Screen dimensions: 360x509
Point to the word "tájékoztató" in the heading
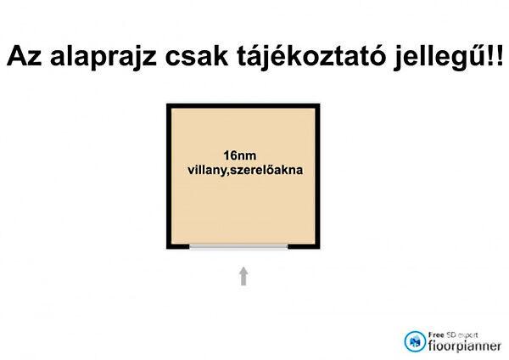(x=297, y=57)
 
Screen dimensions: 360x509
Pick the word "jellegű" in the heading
(x=430, y=57)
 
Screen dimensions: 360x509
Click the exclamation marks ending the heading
(x=492, y=57)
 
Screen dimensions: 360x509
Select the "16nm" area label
(x=239, y=155)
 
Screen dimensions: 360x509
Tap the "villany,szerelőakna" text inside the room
(x=244, y=170)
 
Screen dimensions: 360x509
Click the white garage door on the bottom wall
(x=238, y=247)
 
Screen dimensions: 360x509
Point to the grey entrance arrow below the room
(x=243, y=276)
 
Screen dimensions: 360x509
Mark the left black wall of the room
(x=169, y=176)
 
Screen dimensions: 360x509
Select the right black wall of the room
(x=318, y=176)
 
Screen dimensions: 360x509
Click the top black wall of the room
(x=243, y=106)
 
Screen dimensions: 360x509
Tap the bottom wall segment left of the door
(x=178, y=246)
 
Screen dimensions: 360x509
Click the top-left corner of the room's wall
(x=169, y=106)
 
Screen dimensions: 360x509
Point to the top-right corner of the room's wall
(x=318, y=106)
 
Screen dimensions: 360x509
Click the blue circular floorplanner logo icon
(x=416, y=341)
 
